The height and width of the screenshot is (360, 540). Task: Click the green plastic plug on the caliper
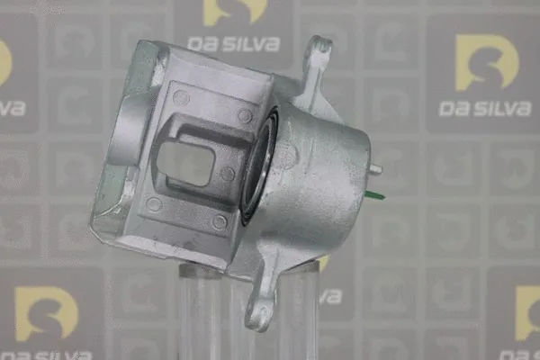click(374, 195)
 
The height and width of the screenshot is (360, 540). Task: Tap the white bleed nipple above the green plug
click(375, 169)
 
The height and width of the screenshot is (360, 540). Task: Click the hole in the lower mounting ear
click(261, 313)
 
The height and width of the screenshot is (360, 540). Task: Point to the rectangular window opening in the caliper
click(185, 163)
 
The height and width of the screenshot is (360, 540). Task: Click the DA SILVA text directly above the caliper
click(233, 44)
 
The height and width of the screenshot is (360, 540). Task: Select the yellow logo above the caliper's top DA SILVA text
click(235, 11)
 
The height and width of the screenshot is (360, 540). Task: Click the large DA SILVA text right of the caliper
click(485, 109)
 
